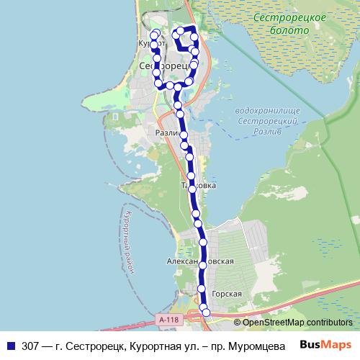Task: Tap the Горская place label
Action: (226, 294)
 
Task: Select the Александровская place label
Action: (199, 262)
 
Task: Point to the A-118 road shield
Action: (168, 318)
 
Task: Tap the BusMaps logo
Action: (325, 343)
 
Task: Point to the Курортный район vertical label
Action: (127, 241)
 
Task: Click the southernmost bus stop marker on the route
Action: (207, 312)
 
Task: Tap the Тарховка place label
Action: (198, 185)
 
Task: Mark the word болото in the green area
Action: (291, 31)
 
